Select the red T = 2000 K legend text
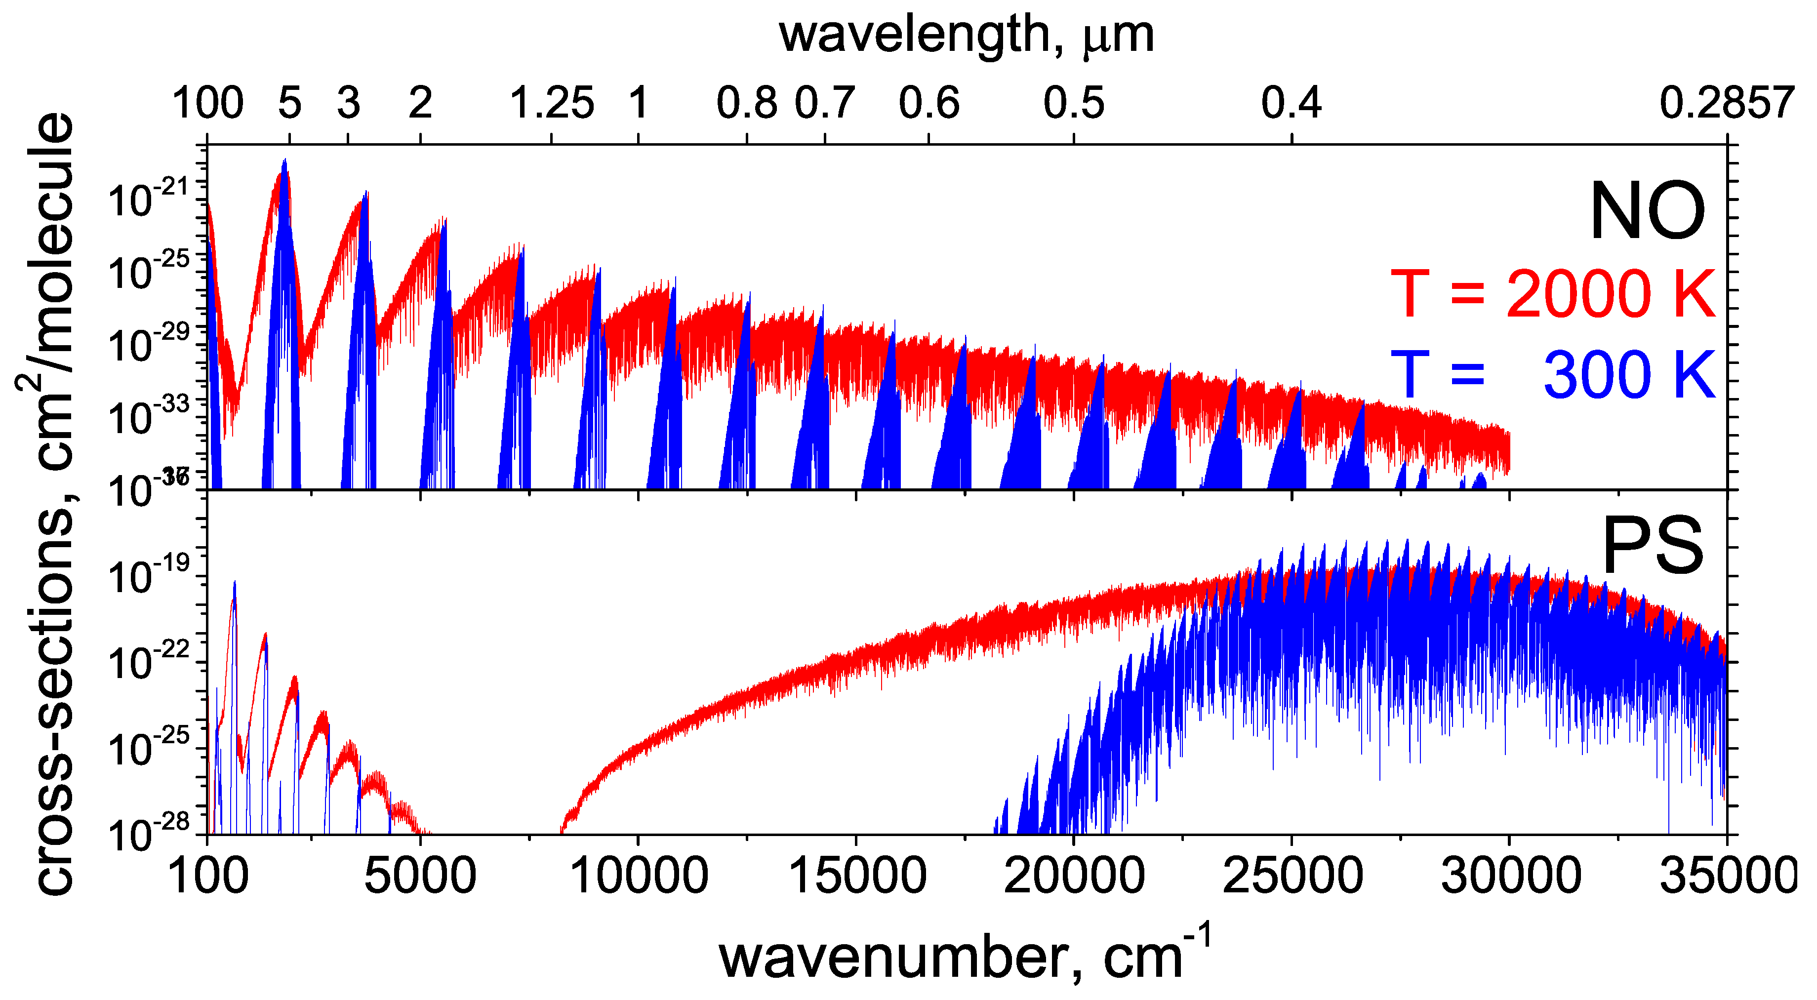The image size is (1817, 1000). (x=1552, y=294)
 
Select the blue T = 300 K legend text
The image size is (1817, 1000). (x=1552, y=375)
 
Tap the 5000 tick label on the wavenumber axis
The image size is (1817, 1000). (x=420, y=877)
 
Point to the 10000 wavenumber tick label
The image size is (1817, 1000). (x=639, y=877)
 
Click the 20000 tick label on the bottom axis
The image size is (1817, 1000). (x=1074, y=877)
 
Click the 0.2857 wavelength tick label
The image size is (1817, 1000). (x=1727, y=104)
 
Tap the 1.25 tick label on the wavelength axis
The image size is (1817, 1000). (x=552, y=104)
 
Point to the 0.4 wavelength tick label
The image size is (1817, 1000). (x=1291, y=104)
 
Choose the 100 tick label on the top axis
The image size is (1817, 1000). (x=207, y=104)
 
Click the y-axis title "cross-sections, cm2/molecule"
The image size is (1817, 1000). (x=46, y=504)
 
